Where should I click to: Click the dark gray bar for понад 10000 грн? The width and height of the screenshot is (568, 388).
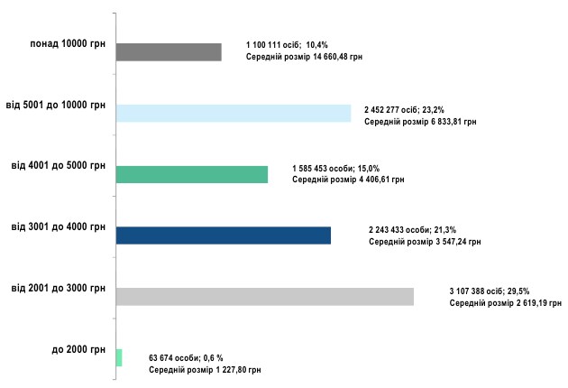pos(169,52)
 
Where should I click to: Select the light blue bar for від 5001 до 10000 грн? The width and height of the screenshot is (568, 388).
pos(234,113)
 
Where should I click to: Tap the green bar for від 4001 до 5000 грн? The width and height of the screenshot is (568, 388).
pos(192,174)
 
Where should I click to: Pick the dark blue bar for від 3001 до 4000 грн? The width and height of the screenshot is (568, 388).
pos(224,236)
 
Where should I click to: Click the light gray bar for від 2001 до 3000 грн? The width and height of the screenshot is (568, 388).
pos(265,296)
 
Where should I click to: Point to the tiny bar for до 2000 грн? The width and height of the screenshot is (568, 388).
pos(119,357)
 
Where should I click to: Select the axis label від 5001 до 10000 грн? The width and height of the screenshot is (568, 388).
pos(56,105)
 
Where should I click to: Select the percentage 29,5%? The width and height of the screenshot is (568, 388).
pos(517,291)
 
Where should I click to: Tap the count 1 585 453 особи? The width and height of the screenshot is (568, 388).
pos(325,168)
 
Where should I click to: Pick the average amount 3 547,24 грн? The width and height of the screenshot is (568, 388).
pos(451,242)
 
